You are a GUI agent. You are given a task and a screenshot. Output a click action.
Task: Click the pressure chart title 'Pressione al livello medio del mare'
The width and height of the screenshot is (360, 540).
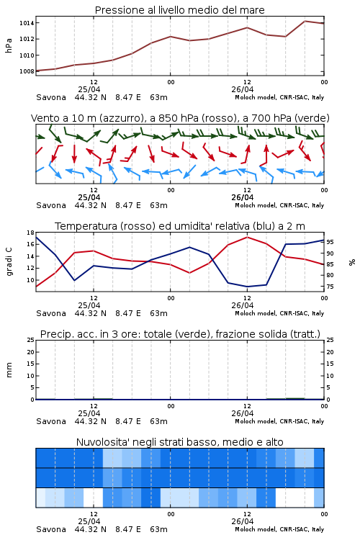pos(179,10)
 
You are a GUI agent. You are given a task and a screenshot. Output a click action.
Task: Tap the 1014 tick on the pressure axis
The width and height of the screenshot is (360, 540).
pos(27,23)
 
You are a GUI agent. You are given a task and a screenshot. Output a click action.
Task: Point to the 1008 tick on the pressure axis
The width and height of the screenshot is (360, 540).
pos(27,71)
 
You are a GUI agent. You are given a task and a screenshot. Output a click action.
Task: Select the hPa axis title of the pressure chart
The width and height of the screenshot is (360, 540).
pos(9,45)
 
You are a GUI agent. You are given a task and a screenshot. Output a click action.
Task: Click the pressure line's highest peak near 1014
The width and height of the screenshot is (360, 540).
pos(305,21)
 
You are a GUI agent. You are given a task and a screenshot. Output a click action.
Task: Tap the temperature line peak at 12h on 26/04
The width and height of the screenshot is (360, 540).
pos(247,237)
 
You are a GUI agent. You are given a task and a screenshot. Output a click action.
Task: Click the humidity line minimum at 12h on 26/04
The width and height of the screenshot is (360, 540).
pos(247,287)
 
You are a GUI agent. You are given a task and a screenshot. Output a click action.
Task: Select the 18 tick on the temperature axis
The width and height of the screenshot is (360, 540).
pos(31,233)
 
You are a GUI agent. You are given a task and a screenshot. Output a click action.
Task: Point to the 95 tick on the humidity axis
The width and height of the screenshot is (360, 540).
pos(330,242)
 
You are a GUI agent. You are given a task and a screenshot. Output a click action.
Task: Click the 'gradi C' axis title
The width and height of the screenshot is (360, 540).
pos(9,261)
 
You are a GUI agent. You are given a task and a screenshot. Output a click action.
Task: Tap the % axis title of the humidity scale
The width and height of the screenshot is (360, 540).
pos(352,262)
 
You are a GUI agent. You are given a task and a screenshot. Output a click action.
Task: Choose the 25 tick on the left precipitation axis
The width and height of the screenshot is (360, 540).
pos(31,341)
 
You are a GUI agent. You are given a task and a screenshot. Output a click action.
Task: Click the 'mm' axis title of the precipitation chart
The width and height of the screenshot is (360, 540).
pos(9,370)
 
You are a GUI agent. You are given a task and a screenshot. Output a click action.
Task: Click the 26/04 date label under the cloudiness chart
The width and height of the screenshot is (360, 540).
pos(243,521)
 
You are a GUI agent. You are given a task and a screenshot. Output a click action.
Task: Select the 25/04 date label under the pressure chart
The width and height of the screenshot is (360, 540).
pos(89,89)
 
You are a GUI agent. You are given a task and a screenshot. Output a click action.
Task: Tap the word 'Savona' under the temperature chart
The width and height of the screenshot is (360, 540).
pos(51,313)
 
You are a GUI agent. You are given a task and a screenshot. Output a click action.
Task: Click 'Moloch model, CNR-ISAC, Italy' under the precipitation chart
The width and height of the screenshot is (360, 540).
pos(279,421)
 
